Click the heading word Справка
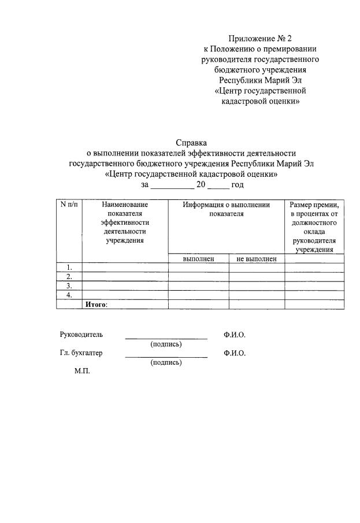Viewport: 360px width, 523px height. point(191,143)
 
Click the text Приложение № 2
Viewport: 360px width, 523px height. point(259,39)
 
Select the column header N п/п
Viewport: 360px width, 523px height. point(69,205)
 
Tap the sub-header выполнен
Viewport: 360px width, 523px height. point(198,259)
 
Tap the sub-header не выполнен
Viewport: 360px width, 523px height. point(257,259)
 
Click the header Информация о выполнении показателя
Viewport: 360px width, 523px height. point(227,209)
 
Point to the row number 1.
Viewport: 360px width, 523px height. point(69,267)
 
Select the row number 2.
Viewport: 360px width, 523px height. point(69,276)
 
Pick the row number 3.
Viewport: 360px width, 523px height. point(69,285)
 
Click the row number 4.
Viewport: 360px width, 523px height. point(69,295)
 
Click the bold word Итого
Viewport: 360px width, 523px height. point(97,304)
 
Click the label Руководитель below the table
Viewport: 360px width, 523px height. point(81,335)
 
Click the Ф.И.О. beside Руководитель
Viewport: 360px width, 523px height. point(235,335)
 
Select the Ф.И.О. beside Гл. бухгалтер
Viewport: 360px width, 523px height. point(235,354)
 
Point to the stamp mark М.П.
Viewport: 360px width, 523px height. point(82,372)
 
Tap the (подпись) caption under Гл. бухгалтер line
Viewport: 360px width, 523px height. point(166,363)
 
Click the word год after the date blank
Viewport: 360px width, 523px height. point(237,185)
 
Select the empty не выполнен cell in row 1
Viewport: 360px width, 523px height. point(257,267)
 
